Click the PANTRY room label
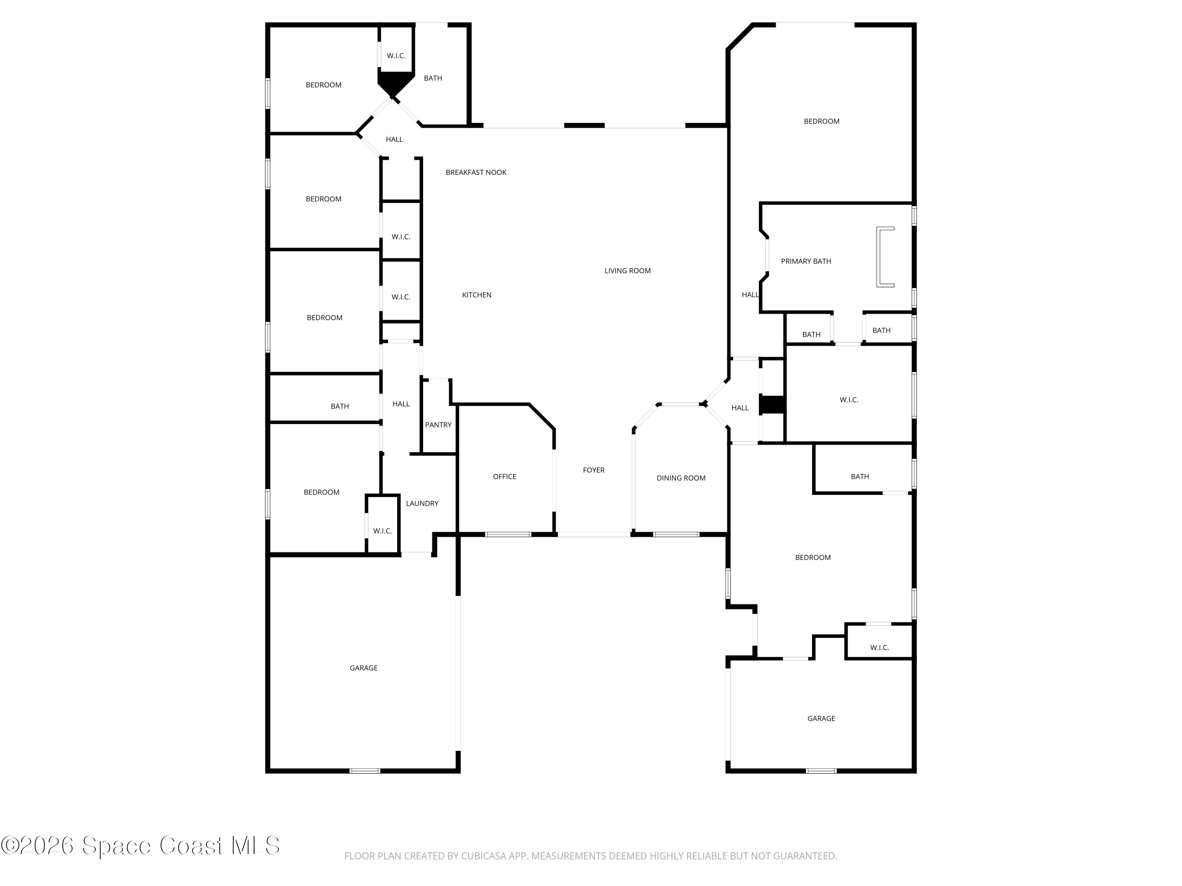point(438,424)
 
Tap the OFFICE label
point(504,476)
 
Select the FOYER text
point(594,470)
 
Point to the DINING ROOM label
point(681,478)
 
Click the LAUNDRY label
point(422,503)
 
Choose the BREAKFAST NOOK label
point(476,172)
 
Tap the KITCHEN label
point(477,295)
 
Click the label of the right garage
point(821,718)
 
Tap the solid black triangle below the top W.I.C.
point(396,82)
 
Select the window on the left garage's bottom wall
point(365,771)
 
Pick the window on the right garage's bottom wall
point(821,771)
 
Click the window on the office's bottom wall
point(508,534)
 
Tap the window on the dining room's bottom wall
point(676,534)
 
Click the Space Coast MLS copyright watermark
point(140,845)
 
